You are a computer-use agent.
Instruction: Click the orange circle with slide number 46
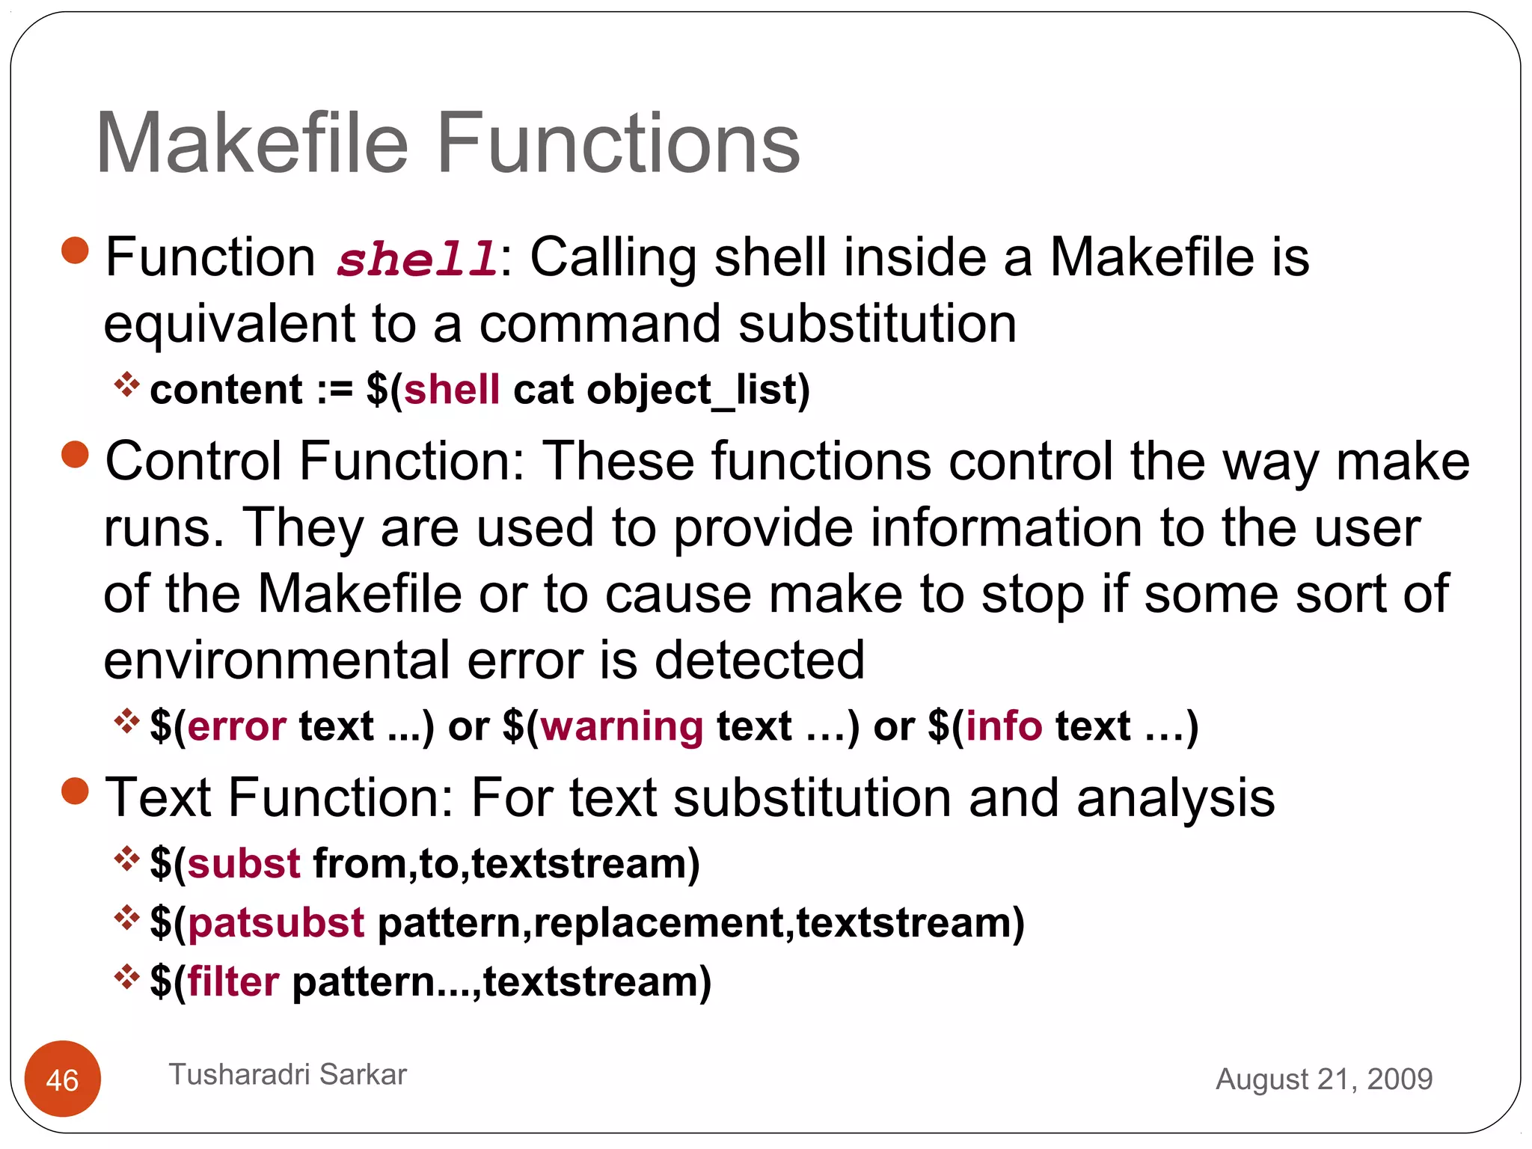point(62,1079)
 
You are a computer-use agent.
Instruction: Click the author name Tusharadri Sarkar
point(287,1074)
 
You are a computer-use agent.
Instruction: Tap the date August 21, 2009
point(1323,1079)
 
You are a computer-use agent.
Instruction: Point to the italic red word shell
point(417,259)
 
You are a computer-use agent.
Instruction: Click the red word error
point(236,726)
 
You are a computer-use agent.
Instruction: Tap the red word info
point(1004,726)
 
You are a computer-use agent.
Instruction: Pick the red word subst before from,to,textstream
point(244,863)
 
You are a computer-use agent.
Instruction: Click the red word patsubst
point(276,922)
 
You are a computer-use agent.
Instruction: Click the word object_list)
point(698,390)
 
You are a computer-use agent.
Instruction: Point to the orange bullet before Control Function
point(75,454)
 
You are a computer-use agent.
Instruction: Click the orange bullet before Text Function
point(75,791)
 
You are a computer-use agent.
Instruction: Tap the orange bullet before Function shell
point(75,251)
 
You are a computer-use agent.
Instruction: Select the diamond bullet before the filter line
point(126,976)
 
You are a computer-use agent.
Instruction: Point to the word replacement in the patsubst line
point(658,922)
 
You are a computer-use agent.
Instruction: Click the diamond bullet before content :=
point(126,384)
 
